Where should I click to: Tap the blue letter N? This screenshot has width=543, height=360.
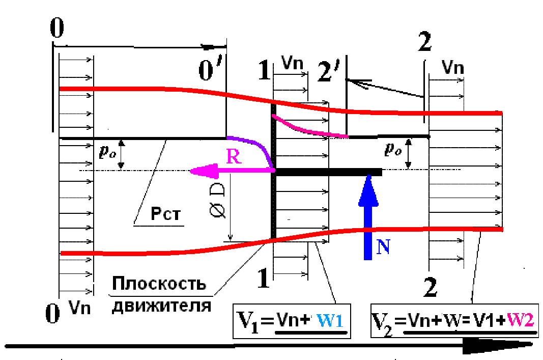pos(383,247)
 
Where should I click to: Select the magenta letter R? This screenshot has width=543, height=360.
pos(234,157)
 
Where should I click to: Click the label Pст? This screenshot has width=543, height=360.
pos(165,213)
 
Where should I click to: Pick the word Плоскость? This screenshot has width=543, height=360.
pos(159,284)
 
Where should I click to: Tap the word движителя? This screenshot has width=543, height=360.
pos(161,306)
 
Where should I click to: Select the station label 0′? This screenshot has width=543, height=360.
pos(210,70)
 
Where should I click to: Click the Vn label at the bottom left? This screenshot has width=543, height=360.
pos(80,307)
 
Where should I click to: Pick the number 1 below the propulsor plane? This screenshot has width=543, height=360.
pos(264,278)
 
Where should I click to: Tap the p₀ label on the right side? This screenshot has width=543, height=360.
pos(393,149)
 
